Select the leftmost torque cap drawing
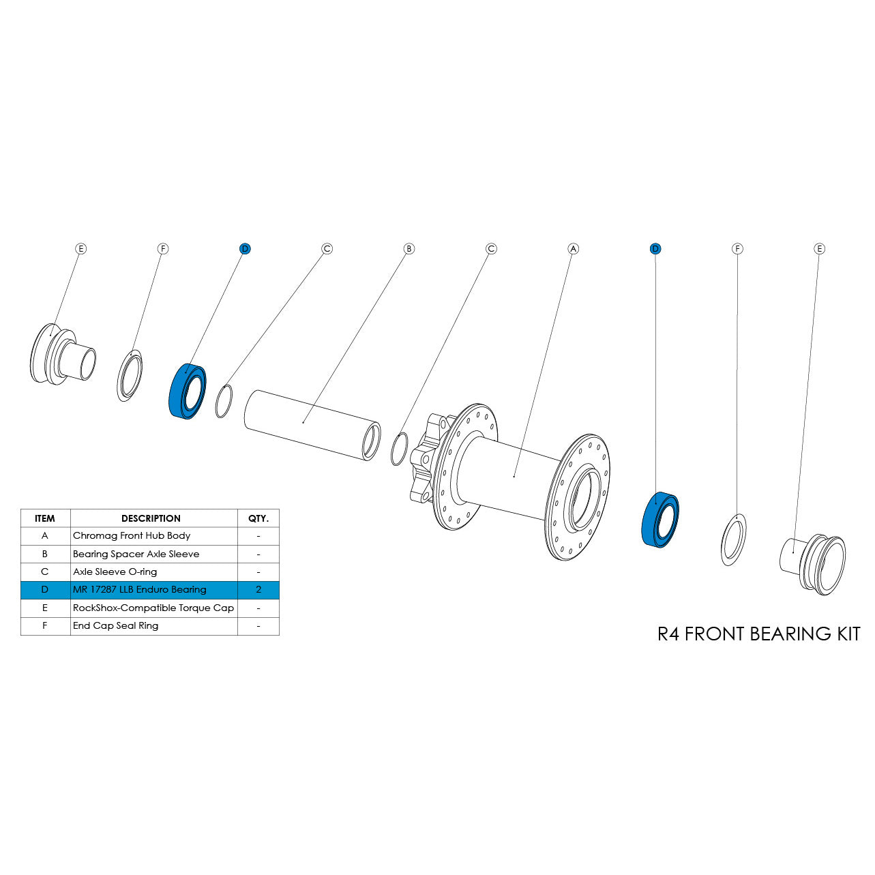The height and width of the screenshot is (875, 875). click(x=61, y=355)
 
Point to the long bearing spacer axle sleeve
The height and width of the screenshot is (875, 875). click(x=310, y=424)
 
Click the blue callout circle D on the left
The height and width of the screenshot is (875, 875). click(x=245, y=249)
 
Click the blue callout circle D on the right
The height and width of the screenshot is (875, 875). click(x=655, y=249)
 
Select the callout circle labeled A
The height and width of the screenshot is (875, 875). click(x=573, y=249)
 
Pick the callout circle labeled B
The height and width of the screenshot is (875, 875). click(x=409, y=249)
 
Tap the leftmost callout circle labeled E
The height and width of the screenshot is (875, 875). click(x=80, y=249)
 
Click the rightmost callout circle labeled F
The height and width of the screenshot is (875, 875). click(x=737, y=249)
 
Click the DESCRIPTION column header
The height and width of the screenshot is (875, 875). click(x=151, y=518)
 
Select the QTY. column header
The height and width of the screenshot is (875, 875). click(x=258, y=518)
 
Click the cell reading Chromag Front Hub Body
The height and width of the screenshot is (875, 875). click(x=132, y=536)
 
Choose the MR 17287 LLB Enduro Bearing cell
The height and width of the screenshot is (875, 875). click(x=139, y=590)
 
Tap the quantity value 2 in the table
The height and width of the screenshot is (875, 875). click(x=258, y=590)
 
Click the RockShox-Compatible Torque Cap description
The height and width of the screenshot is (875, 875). click(x=153, y=608)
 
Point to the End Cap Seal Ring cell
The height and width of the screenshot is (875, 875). click(x=115, y=626)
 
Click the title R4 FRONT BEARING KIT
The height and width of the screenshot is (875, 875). click(x=758, y=634)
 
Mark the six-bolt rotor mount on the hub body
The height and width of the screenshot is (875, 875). click(x=424, y=457)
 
